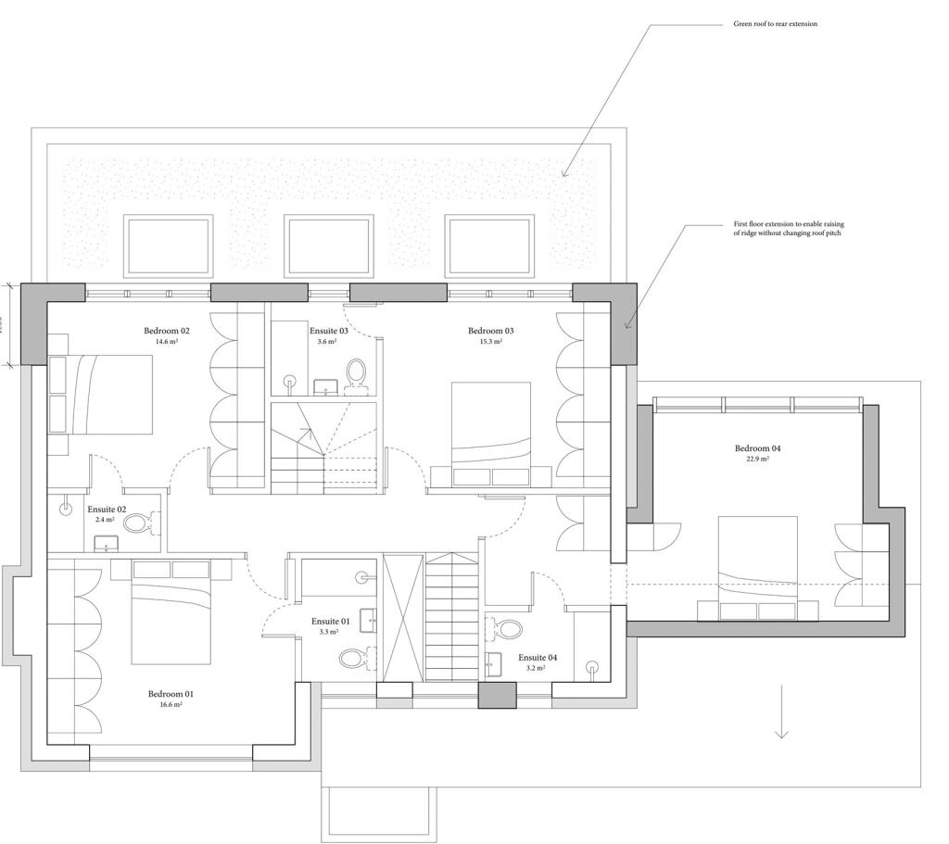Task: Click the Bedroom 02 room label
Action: coord(167,331)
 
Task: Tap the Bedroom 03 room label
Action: coord(491,331)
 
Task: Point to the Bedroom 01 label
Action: coord(171,694)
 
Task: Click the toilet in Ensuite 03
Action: coord(356,372)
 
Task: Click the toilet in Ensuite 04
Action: coord(507,630)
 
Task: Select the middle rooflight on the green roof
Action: coord(328,246)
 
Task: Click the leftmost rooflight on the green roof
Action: coord(168,246)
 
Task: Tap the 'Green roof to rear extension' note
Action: coord(775,24)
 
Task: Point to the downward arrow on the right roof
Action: coord(781,713)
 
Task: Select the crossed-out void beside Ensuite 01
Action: coord(403,618)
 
